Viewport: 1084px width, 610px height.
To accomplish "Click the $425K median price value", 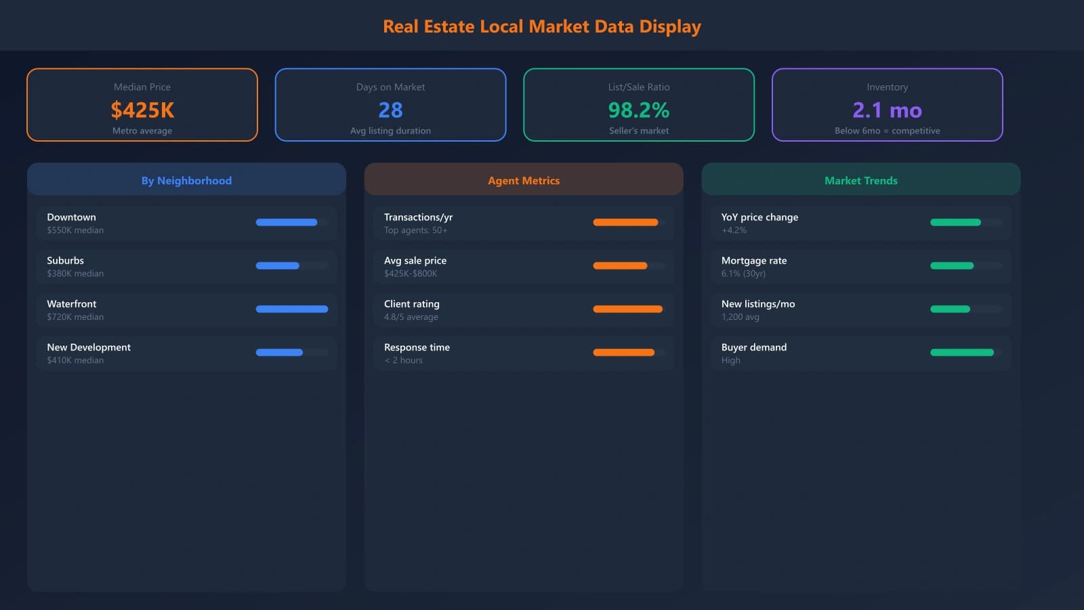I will (x=142, y=110).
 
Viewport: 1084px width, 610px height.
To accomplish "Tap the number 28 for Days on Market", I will (x=390, y=110).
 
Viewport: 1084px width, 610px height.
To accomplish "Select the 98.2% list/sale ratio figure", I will (x=638, y=110).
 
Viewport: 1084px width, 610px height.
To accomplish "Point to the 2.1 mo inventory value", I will (x=887, y=110).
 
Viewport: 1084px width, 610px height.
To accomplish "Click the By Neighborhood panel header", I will (x=186, y=180).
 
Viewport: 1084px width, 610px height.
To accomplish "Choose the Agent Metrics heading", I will (x=524, y=180).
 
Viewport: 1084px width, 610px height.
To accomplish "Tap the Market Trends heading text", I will (x=860, y=180).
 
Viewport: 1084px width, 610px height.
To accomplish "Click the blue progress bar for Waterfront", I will (x=291, y=309).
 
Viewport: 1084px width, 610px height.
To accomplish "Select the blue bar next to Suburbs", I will (x=278, y=266).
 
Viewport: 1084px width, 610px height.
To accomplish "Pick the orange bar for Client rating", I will (x=627, y=309).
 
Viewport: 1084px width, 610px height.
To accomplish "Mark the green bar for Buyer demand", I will (x=962, y=352).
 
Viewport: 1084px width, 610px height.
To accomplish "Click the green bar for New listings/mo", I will (x=950, y=309).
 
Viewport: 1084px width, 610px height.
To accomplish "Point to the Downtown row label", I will (x=71, y=217).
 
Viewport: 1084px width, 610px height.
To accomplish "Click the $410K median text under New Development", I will (x=75, y=361).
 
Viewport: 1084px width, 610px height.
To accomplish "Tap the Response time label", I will (x=417, y=347).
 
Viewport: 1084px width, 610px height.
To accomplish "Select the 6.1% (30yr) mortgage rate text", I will (x=743, y=274).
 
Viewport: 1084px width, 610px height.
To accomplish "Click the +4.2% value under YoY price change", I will (x=734, y=230).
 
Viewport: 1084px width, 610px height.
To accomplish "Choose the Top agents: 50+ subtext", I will (x=415, y=230).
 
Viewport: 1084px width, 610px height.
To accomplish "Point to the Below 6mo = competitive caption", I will (x=887, y=131).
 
